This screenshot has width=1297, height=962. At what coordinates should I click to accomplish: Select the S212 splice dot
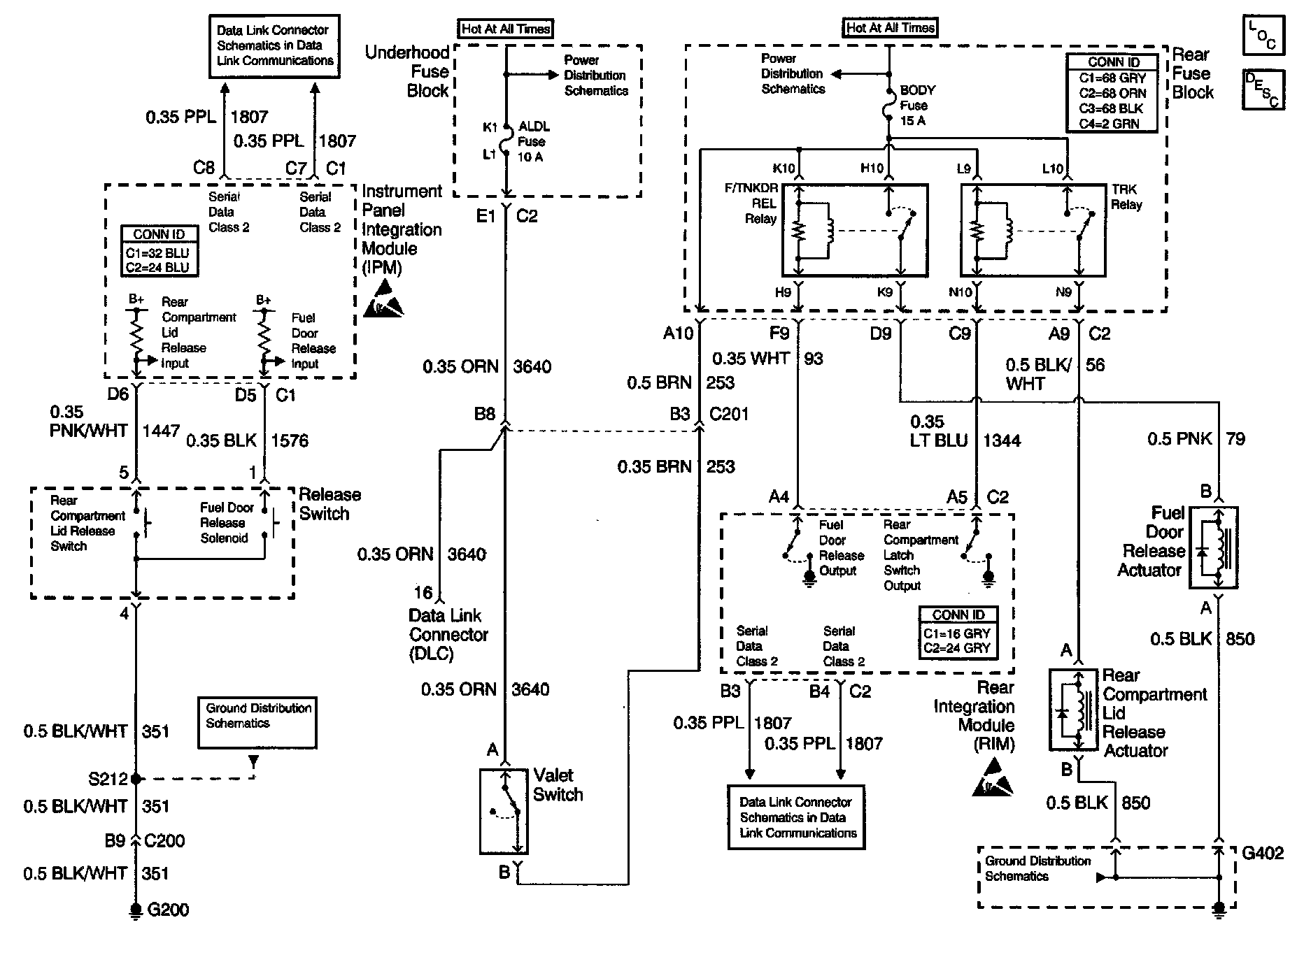click(x=136, y=778)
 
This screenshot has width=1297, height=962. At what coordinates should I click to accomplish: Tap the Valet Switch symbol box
click(x=504, y=811)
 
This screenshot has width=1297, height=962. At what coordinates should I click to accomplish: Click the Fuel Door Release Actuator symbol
click(x=1218, y=547)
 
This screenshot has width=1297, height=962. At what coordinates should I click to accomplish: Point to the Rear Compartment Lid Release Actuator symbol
click(x=1074, y=710)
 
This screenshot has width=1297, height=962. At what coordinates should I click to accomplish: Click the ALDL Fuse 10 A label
click(x=533, y=142)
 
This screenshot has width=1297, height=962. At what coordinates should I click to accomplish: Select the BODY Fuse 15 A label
click(x=917, y=106)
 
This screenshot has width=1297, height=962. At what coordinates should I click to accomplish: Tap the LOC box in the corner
click(x=1263, y=36)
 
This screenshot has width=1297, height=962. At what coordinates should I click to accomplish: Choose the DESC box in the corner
click(x=1263, y=89)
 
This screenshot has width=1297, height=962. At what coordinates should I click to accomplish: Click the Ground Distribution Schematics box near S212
click(x=257, y=723)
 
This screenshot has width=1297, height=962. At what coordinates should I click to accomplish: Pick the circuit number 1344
click(x=1002, y=440)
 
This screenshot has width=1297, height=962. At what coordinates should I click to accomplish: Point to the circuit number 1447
click(x=162, y=431)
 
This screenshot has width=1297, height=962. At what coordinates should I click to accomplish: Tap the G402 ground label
click(x=1263, y=853)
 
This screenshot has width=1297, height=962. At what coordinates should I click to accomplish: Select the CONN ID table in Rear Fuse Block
click(x=1112, y=93)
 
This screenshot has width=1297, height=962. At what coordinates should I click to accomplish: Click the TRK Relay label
click(x=1126, y=197)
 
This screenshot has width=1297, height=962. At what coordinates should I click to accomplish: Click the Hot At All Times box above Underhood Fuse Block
click(x=506, y=29)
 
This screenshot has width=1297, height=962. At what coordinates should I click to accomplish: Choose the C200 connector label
click(x=164, y=840)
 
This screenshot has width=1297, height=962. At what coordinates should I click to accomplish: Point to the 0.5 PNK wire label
click(x=1179, y=439)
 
